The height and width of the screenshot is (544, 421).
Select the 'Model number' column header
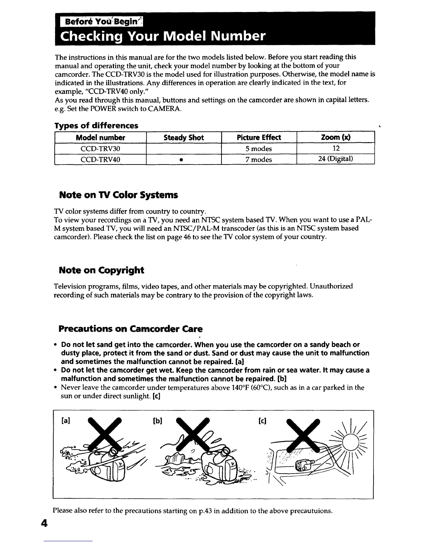click(x=100, y=138)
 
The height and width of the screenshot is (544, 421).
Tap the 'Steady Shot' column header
click(x=184, y=138)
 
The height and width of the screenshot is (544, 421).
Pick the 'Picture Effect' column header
click(x=259, y=138)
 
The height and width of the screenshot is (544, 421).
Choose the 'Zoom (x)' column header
click(x=335, y=138)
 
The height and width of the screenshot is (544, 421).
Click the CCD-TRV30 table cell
click(x=100, y=149)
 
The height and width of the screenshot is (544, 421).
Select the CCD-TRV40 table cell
click(x=100, y=159)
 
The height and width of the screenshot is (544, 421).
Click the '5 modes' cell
click(x=259, y=149)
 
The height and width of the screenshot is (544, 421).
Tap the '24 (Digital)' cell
click(x=335, y=159)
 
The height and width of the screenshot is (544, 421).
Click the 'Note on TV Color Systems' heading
click(x=118, y=195)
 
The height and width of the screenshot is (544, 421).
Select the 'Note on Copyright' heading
click(x=101, y=270)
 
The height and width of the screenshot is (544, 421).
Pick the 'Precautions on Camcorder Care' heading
click(x=131, y=329)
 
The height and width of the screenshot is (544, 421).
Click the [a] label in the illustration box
click(x=64, y=421)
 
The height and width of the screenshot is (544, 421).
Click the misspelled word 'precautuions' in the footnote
click(x=311, y=511)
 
